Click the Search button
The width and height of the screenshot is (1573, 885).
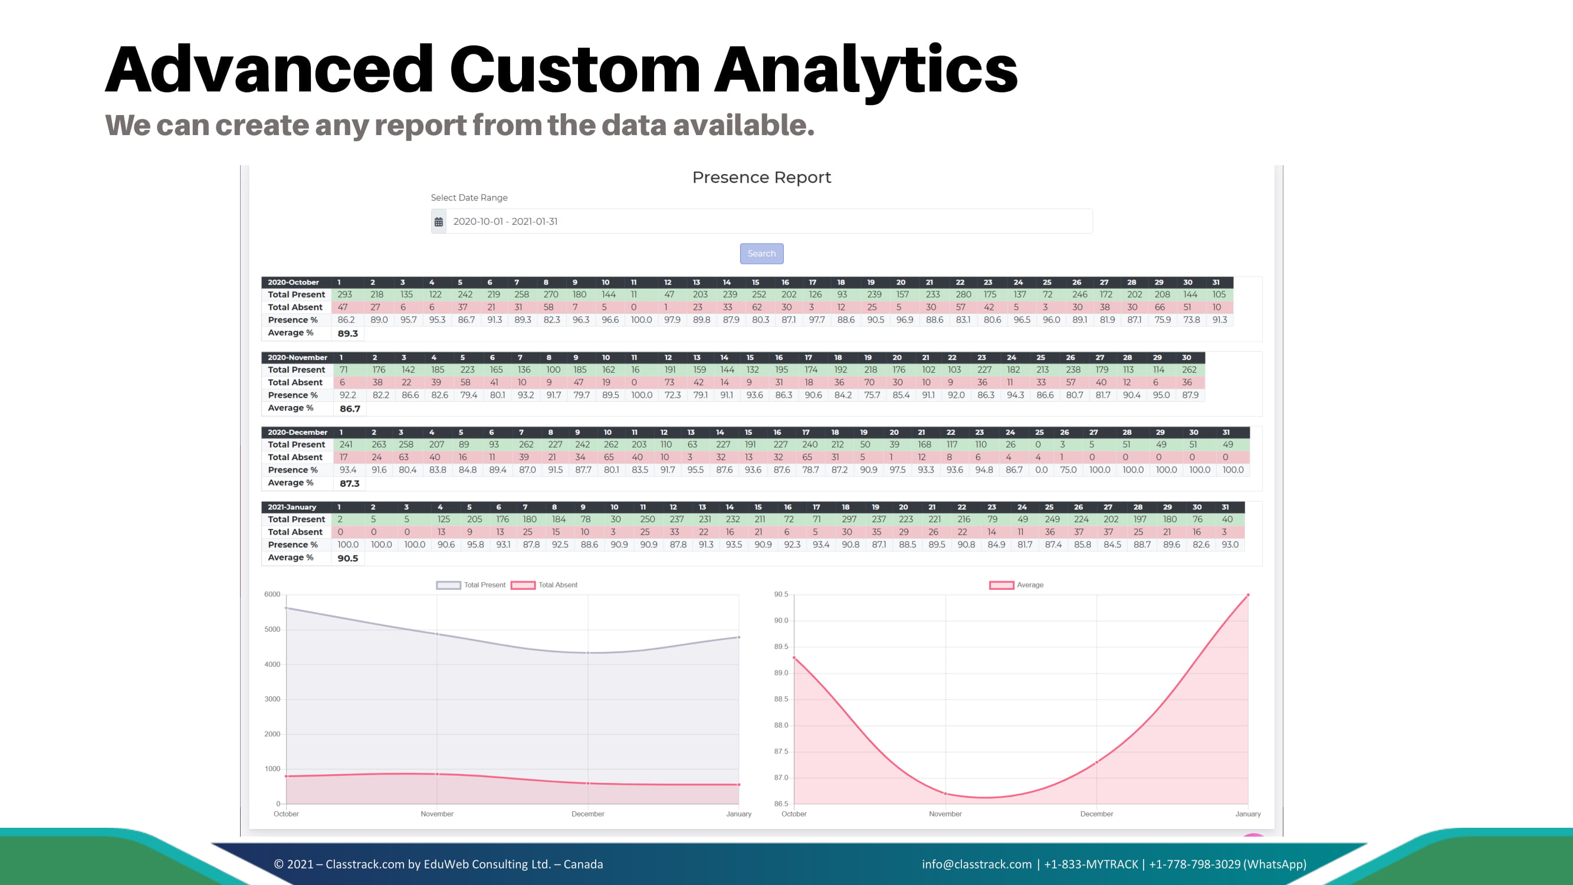click(761, 254)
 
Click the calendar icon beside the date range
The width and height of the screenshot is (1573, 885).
click(438, 222)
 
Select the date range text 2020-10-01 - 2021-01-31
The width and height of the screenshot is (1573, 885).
click(505, 222)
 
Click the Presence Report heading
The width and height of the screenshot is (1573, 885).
click(761, 178)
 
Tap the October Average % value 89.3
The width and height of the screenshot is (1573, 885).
click(347, 333)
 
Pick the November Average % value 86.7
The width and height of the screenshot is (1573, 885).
click(350, 409)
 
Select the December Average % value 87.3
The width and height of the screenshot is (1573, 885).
click(349, 484)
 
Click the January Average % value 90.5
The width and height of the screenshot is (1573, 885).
click(347, 558)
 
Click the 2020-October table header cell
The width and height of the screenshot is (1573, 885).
click(293, 283)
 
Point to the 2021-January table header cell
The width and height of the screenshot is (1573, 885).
click(292, 507)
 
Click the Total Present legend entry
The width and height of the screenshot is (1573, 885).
click(471, 585)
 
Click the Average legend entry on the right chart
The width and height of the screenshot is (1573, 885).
click(1017, 585)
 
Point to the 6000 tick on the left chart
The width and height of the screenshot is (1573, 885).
click(272, 594)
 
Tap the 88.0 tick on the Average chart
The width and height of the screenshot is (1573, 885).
click(781, 726)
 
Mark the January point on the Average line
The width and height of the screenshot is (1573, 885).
click(1248, 595)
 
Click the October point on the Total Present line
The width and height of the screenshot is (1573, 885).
click(287, 608)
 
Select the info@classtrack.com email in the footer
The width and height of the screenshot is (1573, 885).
click(976, 864)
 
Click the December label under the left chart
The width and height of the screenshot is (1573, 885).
click(587, 814)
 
